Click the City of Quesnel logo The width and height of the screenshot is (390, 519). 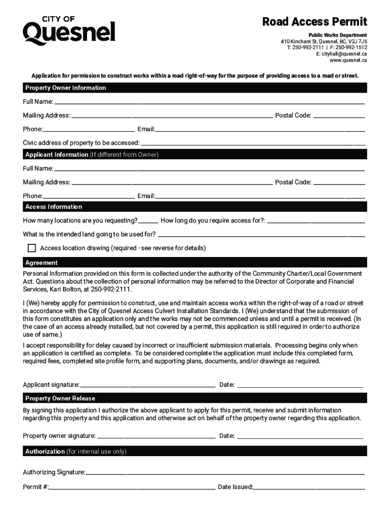point(69,30)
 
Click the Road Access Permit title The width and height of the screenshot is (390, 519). point(314,22)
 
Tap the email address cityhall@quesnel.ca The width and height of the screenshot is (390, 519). point(341,53)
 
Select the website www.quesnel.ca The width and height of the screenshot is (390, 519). point(348,60)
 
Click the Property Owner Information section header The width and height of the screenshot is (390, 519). point(66,88)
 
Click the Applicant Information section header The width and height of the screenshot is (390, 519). point(92,155)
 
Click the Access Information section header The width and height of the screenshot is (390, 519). point(54,207)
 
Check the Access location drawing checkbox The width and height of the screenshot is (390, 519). point(32,248)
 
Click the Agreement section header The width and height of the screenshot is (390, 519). point(42,263)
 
